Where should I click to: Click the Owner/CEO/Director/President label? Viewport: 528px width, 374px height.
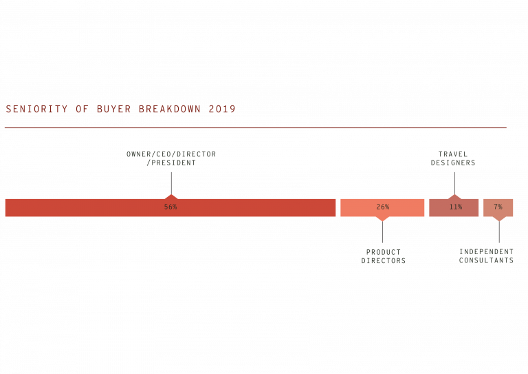(171, 158)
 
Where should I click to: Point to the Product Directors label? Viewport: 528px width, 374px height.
(384, 257)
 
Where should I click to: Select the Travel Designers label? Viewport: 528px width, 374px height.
(453, 158)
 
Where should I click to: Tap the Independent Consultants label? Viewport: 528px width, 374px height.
(486, 256)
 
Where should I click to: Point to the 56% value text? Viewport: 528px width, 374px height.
(170, 207)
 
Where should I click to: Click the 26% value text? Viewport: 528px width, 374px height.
(382, 207)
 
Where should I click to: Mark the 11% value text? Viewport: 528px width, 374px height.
(455, 207)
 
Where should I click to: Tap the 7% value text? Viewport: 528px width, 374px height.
(498, 207)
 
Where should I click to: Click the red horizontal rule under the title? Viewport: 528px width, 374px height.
(255, 128)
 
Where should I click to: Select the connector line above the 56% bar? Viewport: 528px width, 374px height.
(171, 183)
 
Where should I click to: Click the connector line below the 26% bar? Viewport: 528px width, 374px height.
(382, 232)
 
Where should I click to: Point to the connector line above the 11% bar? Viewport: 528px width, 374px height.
(454, 183)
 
